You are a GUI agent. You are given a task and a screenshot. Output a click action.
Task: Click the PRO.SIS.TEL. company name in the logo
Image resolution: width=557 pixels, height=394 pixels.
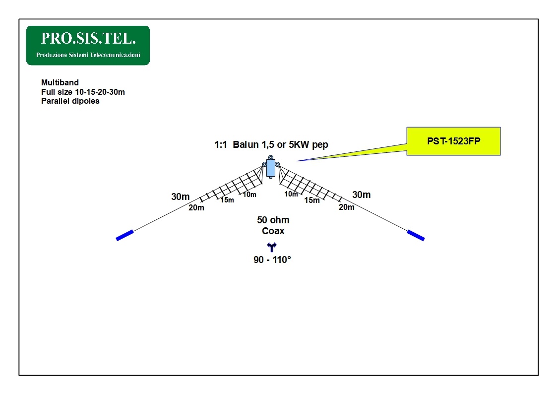[88, 38]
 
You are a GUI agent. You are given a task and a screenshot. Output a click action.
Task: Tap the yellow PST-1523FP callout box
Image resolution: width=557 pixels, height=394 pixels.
[453, 141]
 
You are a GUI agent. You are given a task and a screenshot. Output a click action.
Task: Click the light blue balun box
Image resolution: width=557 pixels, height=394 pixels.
[271, 168]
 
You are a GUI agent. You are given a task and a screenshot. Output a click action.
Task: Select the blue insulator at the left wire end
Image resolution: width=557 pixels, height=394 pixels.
[124, 235]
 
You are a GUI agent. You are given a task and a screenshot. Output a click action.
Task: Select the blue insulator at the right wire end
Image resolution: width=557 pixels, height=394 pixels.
[416, 235]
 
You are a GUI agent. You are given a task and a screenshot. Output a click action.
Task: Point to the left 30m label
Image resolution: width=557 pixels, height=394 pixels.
[181, 197]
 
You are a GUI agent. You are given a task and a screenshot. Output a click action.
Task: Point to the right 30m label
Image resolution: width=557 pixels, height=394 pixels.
[361, 195]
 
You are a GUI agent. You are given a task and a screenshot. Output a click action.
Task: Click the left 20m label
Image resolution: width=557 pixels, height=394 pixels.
[196, 208]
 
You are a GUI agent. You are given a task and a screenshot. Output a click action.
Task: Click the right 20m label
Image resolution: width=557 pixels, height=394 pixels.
[346, 207]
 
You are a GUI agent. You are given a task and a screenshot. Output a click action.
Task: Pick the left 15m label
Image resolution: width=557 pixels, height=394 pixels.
[227, 200]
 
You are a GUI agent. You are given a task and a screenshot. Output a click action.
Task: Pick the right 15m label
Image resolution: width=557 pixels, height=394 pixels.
[312, 200]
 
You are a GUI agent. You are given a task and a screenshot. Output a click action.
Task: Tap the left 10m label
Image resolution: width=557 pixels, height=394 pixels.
[249, 195]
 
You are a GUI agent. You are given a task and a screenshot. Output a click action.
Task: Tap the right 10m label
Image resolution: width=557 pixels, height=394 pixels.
[291, 194]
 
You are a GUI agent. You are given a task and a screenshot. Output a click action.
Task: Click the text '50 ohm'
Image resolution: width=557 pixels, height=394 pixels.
[273, 220]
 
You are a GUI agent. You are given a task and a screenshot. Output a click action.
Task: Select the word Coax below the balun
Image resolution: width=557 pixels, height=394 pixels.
[273, 231]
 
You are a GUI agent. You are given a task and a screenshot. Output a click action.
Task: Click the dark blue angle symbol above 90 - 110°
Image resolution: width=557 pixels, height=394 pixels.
[272, 247]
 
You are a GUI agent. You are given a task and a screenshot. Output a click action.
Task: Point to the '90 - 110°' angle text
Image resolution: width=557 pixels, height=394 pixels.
[272, 260]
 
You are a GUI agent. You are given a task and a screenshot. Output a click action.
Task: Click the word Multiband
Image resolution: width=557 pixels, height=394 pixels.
[60, 82]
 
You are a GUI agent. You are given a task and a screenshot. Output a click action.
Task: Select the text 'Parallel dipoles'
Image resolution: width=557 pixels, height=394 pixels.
[70, 101]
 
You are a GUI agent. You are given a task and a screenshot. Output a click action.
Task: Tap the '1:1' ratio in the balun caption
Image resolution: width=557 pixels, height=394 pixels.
[221, 144]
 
